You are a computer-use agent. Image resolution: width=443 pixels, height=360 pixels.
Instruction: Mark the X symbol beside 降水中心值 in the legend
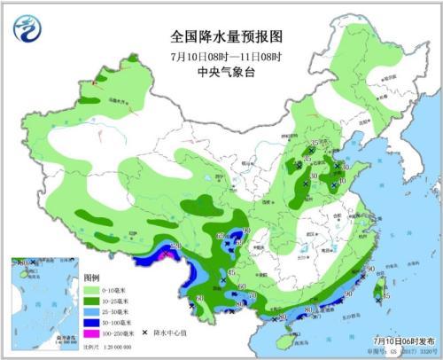pyautogui.click(x=144, y=333)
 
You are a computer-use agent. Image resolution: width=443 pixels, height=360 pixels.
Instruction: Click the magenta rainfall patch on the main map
pyautogui.click(x=167, y=254)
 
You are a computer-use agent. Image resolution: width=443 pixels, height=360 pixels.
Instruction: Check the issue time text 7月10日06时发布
pyautogui.click(x=400, y=340)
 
